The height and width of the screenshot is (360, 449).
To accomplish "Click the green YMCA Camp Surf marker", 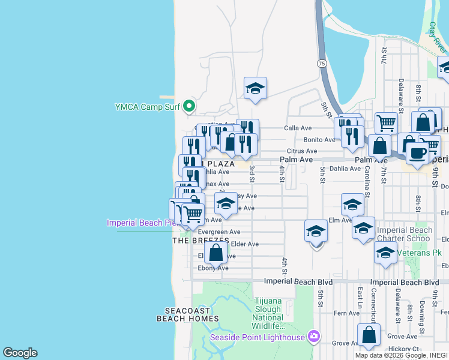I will [189, 107].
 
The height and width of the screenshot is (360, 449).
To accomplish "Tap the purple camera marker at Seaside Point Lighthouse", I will [313, 336].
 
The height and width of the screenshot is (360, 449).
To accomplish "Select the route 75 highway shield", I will [322, 63].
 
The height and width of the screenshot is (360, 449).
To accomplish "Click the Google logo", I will [20, 353].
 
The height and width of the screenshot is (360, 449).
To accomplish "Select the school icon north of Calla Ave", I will [255, 88].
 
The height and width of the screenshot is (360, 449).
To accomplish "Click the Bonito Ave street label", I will [319, 139].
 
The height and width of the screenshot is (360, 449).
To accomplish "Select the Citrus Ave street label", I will [301, 151].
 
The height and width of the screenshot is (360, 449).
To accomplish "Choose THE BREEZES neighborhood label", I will [200, 240].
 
